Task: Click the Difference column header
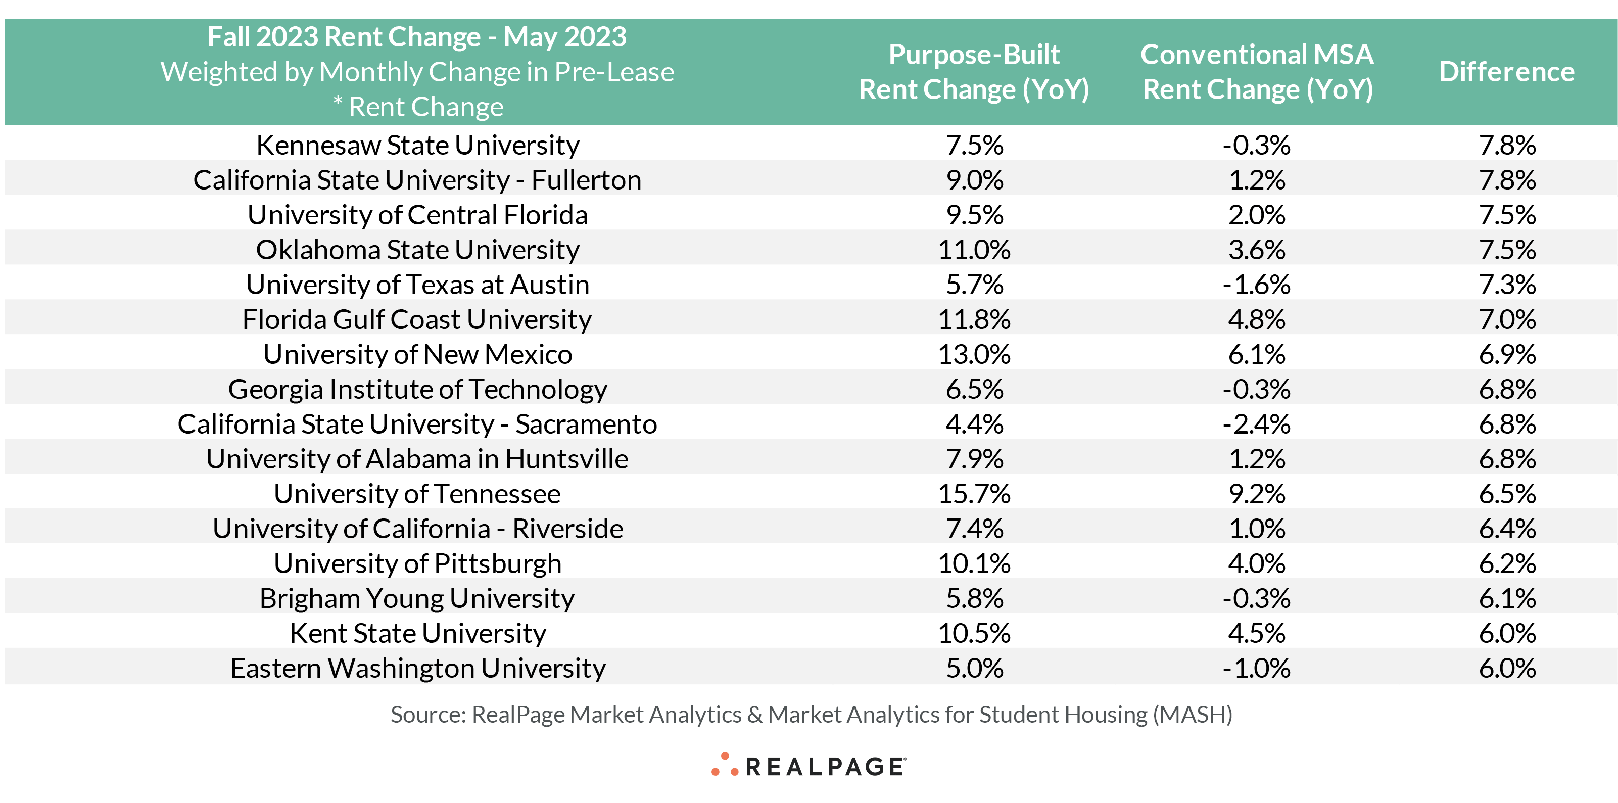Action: pyautogui.click(x=1506, y=72)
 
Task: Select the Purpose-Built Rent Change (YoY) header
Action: pyautogui.click(x=974, y=72)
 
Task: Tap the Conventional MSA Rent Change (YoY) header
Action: pyautogui.click(x=1257, y=72)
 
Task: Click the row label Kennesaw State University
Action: pyautogui.click(x=418, y=145)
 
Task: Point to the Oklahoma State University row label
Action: pyautogui.click(x=418, y=250)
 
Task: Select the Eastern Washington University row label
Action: pyautogui.click(x=418, y=669)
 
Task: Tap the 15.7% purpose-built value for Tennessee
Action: pyautogui.click(x=974, y=494)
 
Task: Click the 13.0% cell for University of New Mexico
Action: pyautogui.click(x=974, y=354)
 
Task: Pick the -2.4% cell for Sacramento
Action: pyautogui.click(x=1256, y=424)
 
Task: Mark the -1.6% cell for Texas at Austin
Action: pyautogui.click(x=1256, y=285)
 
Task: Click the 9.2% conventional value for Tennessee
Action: pyautogui.click(x=1257, y=494)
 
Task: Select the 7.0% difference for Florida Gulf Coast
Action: pyautogui.click(x=1507, y=320)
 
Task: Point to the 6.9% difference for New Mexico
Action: pyautogui.click(x=1507, y=354)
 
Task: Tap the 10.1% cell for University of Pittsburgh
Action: pyautogui.click(x=974, y=563)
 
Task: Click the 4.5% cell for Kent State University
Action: pyautogui.click(x=1257, y=633)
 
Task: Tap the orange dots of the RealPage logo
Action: pyautogui.click(x=724, y=765)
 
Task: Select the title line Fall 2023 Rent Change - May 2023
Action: pyautogui.click(x=417, y=37)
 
